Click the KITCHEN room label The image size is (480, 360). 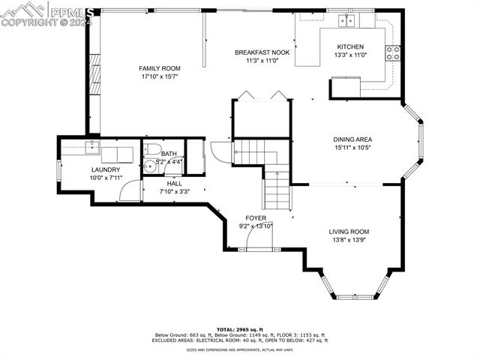coord(349,46)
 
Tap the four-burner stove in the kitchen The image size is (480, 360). coord(393,52)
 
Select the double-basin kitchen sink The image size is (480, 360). coord(346,19)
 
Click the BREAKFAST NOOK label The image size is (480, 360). coord(262,52)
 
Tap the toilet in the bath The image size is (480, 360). coord(151,148)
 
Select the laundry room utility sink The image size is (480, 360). coord(92,146)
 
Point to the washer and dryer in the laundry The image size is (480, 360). coord(116,154)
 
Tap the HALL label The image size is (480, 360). coord(174,183)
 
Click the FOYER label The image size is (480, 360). coord(256,217)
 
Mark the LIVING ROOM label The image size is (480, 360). coord(349,232)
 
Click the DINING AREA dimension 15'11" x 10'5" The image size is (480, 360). coord(352,148)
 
